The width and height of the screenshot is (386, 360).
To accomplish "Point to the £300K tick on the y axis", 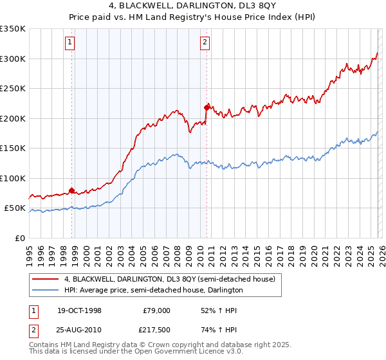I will point(13,59).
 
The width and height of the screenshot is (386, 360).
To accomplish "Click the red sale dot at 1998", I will point(72,191).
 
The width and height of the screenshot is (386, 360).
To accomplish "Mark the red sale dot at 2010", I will point(207,107).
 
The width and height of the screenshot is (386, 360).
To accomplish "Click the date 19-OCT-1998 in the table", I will point(80,310).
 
